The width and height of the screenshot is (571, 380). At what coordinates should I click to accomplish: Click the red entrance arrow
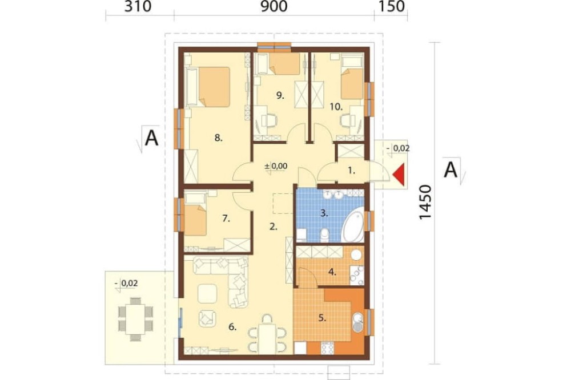[x=400, y=175]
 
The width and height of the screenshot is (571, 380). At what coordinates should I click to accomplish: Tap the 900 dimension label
[x=274, y=6]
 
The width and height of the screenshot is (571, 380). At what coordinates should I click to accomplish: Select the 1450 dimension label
[x=425, y=202]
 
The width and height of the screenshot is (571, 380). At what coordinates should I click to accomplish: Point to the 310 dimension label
[x=138, y=6]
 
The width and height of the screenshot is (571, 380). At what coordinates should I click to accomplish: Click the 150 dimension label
[x=391, y=6]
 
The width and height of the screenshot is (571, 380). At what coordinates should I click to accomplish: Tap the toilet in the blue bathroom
[x=324, y=235]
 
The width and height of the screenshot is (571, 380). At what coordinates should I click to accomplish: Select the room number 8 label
[x=218, y=138]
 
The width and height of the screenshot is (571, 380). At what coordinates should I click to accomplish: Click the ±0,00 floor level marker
[x=276, y=167]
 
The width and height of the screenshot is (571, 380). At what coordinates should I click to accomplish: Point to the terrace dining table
[x=136, y=319]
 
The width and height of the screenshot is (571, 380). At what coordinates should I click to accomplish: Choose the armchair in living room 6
[x=207, y=318]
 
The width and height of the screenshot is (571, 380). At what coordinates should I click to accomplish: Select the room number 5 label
[x=322, y=318]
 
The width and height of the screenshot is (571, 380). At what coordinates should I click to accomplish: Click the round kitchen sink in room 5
[x=359, y=322]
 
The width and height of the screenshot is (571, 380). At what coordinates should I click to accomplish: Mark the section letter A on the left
[x=151, y=138]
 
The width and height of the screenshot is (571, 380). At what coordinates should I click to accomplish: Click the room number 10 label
[x=336, y=107]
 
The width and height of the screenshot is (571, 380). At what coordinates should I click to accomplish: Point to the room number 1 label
[x=351, y=170]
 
